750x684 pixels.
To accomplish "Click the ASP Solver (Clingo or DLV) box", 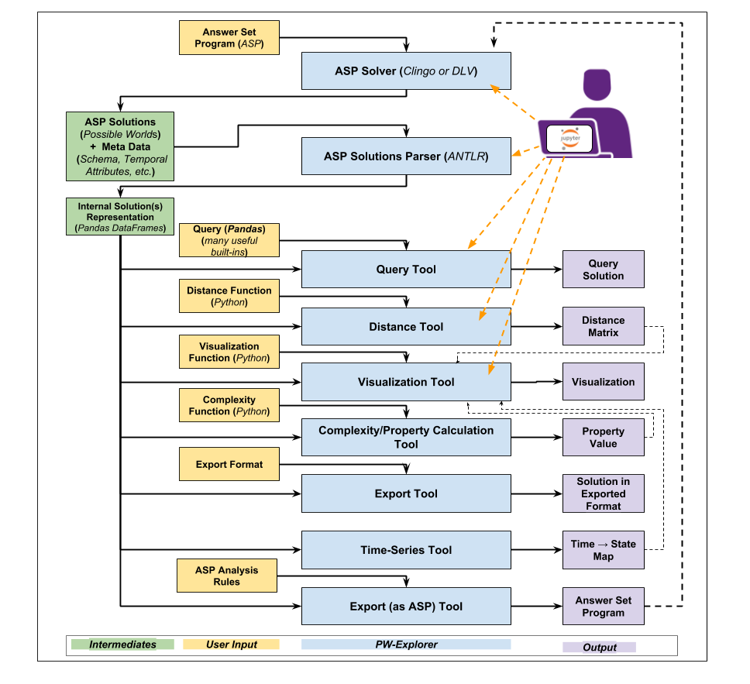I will coord(406,71).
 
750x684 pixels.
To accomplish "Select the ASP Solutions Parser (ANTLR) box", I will coord(406,156).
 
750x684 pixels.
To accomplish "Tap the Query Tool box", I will coord(406,270).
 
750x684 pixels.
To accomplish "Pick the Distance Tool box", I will coord(406,327).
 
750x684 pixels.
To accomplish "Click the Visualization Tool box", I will coord(406,382).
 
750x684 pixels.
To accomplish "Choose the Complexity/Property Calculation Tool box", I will coord(406,437).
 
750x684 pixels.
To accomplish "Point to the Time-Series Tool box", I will coord(406,550).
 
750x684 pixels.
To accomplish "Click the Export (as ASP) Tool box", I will coord(406,607).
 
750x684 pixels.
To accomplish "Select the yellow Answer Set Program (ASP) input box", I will coord(229,38).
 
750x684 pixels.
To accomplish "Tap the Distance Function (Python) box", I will coord(229,297).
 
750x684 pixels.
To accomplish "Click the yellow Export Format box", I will coord(229,465).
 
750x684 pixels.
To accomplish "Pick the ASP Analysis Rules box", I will coord(226,576).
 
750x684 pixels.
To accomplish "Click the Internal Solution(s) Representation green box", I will coord(120,217).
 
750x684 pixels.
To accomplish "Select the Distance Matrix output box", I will coord(603,326).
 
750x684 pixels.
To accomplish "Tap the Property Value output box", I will coord(603,438).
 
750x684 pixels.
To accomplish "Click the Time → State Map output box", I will coord(603,550).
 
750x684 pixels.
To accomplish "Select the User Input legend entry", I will coord(231,644).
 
